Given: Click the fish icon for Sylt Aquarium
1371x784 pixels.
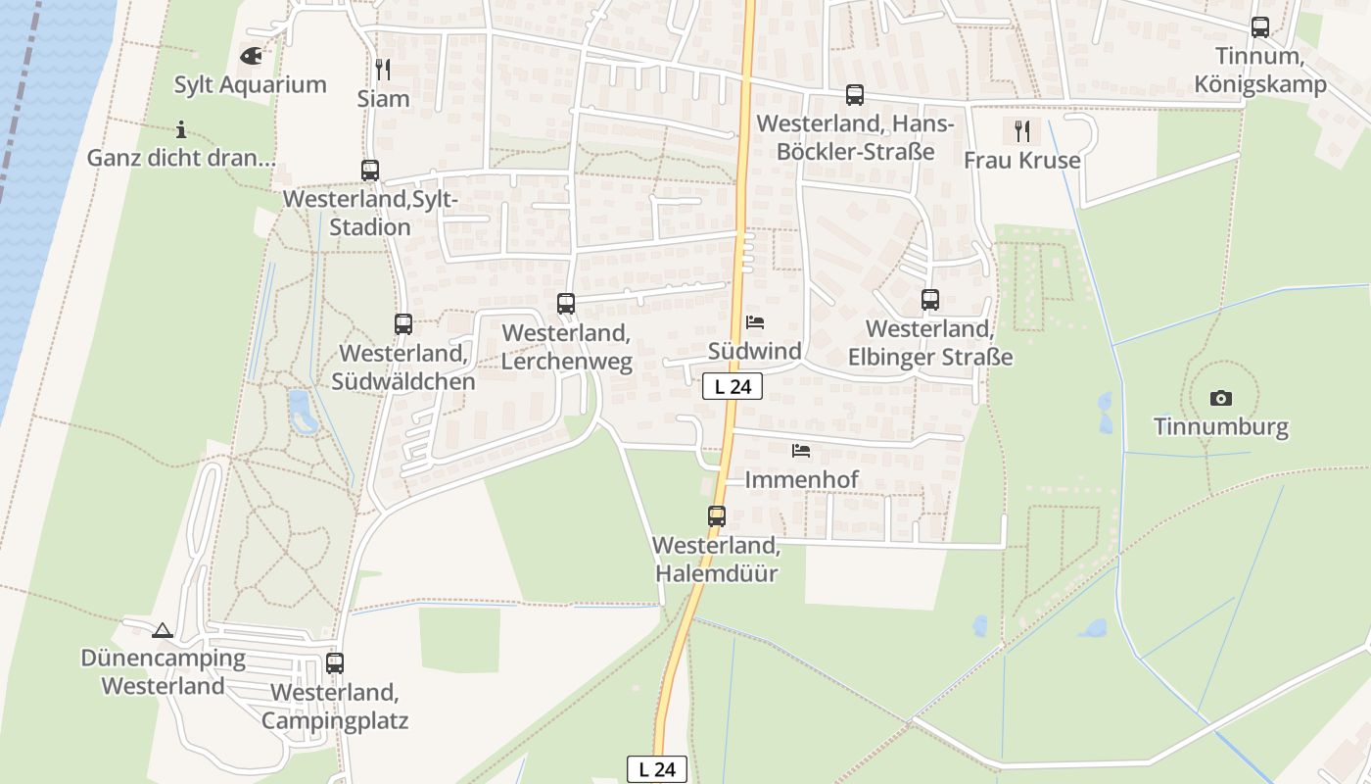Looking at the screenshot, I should (251, 56).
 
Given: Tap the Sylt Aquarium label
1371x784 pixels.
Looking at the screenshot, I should (250, 84).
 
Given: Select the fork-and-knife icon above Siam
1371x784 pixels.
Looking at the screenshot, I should (383, 69).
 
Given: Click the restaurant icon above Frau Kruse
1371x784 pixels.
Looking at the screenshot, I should (1021, 130).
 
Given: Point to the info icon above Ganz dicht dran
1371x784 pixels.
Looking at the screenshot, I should (181, 128).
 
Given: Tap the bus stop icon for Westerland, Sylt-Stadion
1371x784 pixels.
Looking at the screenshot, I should (370, 170).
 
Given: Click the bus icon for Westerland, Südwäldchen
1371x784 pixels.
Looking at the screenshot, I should (403, 323).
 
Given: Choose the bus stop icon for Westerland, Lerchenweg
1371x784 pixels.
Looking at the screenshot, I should (566, 304).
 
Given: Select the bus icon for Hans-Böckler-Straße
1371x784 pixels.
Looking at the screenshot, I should (855, 95).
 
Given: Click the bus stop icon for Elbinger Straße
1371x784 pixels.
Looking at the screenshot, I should (930, 300).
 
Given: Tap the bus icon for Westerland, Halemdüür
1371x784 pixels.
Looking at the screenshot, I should (717, 515).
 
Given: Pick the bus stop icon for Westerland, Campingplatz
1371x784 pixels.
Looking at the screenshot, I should (335, 663).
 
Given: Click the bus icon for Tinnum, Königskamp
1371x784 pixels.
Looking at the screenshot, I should (1260, 27).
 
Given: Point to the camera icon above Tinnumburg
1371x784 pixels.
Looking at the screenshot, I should (1220, 398).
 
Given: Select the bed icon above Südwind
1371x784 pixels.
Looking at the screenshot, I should (755, 321).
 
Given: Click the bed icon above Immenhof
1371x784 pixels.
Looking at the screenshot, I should (801, 451).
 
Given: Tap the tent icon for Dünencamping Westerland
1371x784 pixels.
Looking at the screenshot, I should (163, 630).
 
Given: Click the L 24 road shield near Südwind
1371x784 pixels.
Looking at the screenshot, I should (733, 386).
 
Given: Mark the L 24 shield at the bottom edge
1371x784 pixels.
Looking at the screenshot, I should (657, 769).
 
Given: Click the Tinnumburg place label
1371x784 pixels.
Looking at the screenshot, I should (1220, 427).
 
